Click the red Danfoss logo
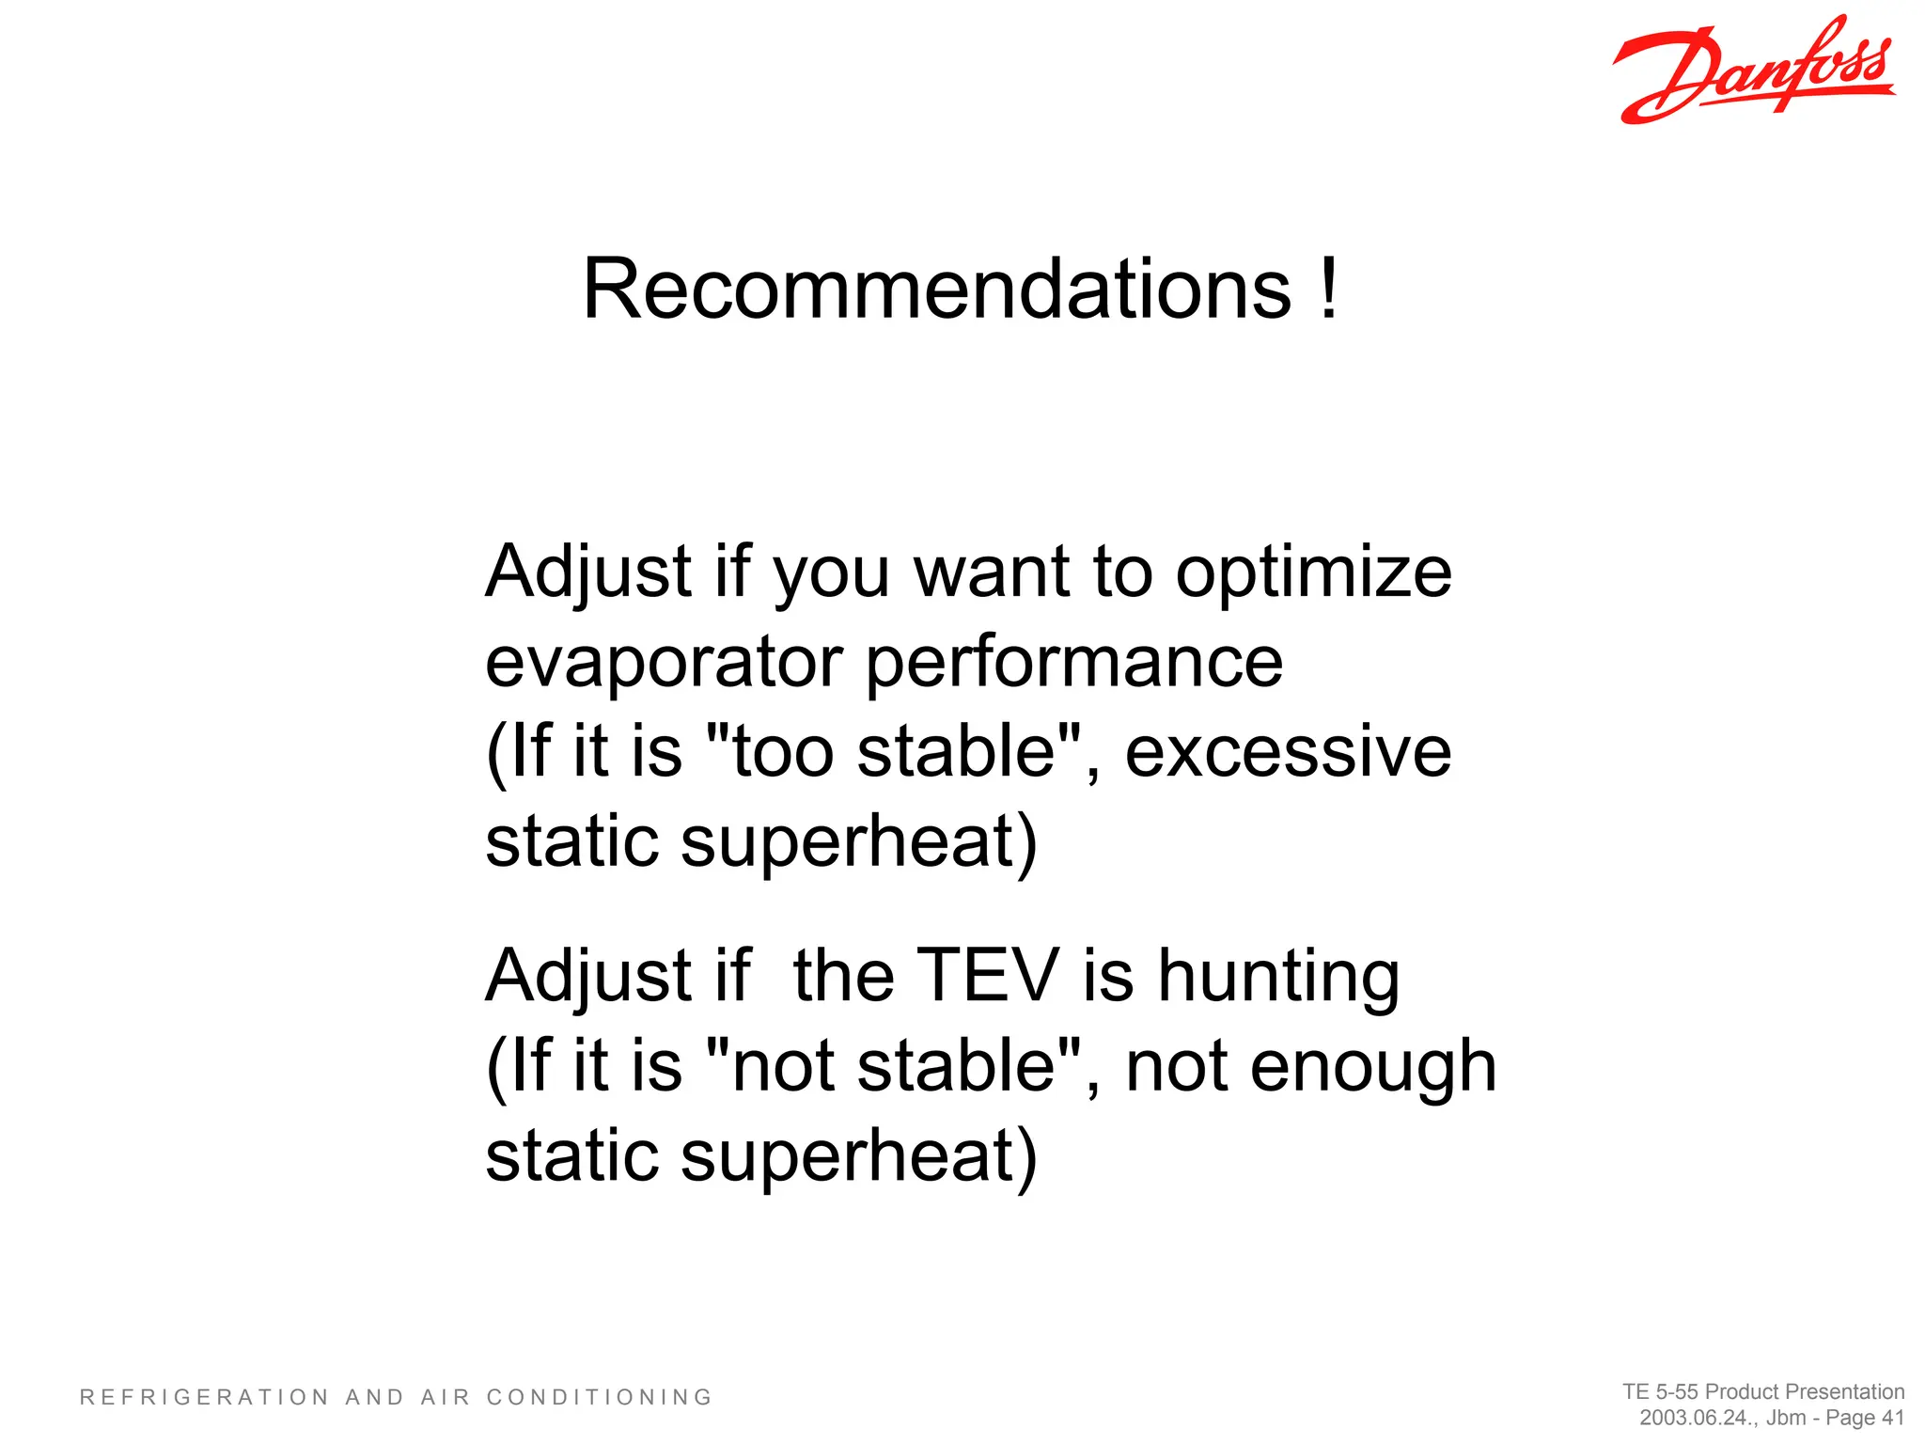pyautogui.click(x=1754, y=71)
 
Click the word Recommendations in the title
pyautogui.click(x=936, y=289)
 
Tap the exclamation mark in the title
pyautogui.click(x=1327, y=289)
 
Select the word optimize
pyautogui.click(x=1313, y=573)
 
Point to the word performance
pyautogui.click(x=1073, y=664)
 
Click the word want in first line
pyautogui.click(x=992, y=573)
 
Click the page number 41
pyautogui.click(x=1891, y=1418)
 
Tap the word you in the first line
pyautogui.click(x=830, y=574)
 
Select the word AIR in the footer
pyautogui.click(x=445, y=1398)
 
